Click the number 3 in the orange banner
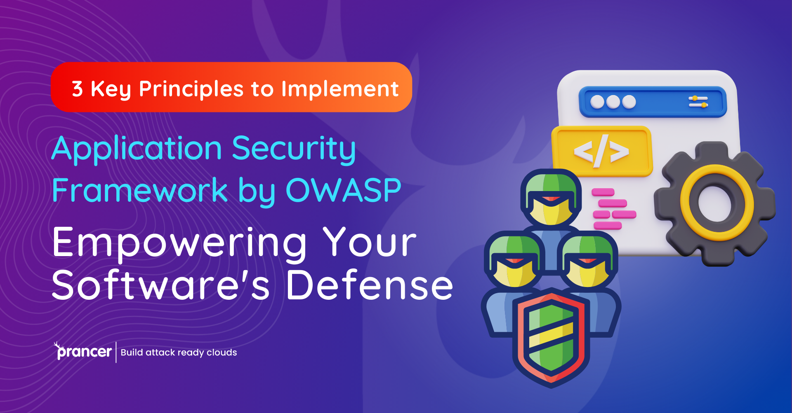pyautogui.click(x=77, y=89)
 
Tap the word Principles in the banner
pyautogui.click(x=191, y=89)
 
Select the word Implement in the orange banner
pyautogui.click(x=340, y=89)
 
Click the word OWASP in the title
pyautogui.click(x=343, y=190)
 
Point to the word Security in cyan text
pyautogui.click(x=294, y=149)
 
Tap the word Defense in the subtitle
pyautogui.click(x=370, y=285)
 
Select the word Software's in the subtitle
pyautogui.click(x=161, y=285)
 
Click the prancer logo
pyautogui.click(x=83, y=351)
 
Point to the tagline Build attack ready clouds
pyautogui.click(x=179, y=352)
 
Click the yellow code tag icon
pyautogui.click(x=602, y=152)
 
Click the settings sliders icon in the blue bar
pyautogui.click(x=698, y=102)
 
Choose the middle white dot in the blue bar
pyautogui.click(x=613, y=102)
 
